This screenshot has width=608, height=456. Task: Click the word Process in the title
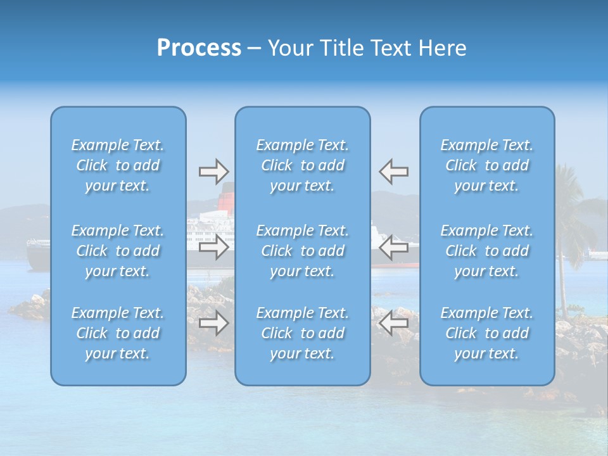199,48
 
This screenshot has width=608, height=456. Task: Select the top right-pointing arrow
213,171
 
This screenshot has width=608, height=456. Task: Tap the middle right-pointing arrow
213,247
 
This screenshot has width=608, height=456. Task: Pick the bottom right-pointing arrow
213,323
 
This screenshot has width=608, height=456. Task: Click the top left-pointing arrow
394,171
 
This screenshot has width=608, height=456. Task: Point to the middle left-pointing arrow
394,247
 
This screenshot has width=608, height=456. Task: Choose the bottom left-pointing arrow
394,323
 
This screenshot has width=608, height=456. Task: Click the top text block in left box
118,165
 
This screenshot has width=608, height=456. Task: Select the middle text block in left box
118,251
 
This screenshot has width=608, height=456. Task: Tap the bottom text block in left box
118,333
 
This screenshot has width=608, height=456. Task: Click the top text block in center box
303,165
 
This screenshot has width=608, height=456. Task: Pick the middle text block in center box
303,251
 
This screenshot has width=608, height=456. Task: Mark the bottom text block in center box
303,333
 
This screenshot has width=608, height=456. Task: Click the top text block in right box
487,165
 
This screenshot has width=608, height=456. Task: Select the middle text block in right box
487,251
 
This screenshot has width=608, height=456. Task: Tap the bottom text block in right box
487,333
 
